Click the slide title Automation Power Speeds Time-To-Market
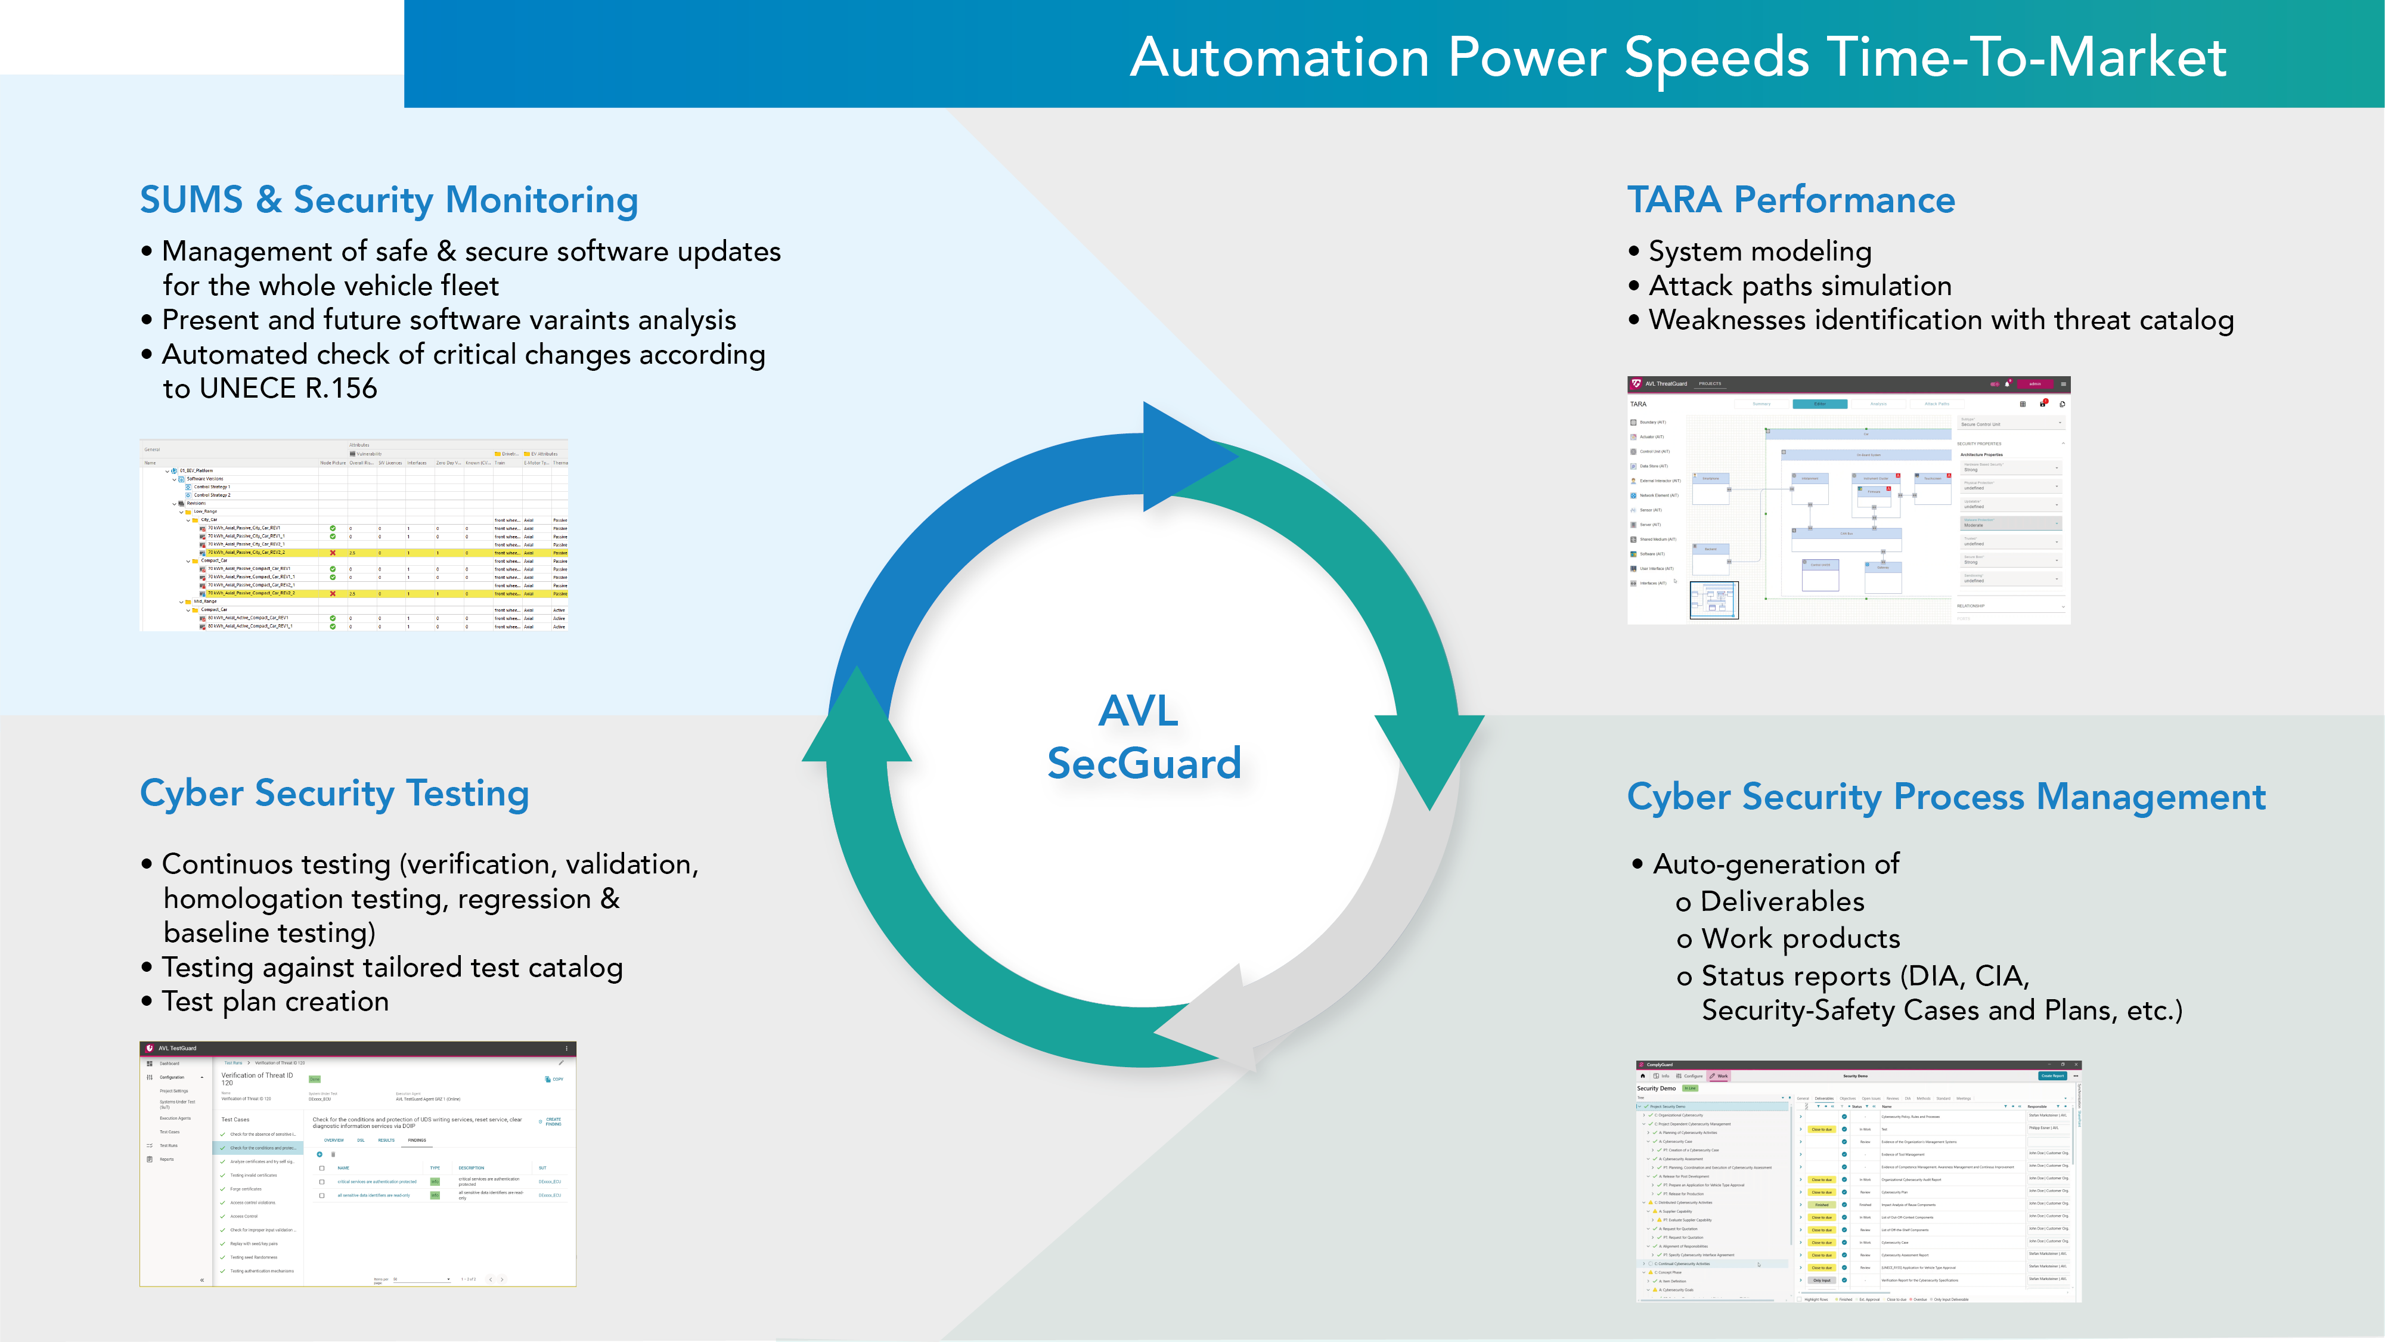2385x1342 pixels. pos(1677,57)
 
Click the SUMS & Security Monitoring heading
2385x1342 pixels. pos(389,200)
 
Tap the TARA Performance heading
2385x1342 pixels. pos(1791,200)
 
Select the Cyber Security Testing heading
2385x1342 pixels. pos(334,794)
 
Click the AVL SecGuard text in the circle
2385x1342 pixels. pos(1143,738)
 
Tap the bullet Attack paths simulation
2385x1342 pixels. pos(1799,286)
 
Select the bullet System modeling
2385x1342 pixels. pos(1759,252)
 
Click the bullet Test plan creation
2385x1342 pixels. pos(275,1002)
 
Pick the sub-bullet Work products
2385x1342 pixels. pos(1800,939)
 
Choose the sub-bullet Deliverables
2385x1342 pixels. pos(1781,902)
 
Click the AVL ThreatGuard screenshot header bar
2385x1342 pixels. pos(1847,383)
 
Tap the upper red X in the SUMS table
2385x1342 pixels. pos(333,553)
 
